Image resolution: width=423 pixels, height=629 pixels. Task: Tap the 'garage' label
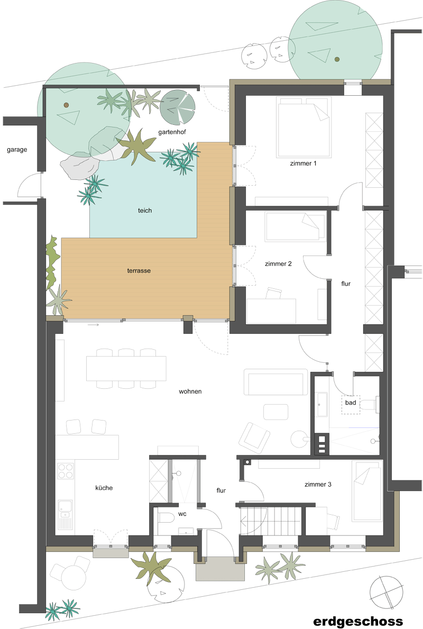(x=17, y=150)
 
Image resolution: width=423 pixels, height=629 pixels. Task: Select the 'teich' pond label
(x=145, y=210)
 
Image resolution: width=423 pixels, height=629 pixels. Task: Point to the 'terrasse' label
(x=139, y=271)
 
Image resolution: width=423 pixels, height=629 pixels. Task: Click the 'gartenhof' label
(x=172, y=132)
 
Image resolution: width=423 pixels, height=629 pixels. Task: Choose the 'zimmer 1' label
(x=303, y=163)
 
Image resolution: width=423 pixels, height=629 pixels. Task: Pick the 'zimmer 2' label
(x=278, y=263)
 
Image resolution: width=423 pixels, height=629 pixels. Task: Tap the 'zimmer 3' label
(x=318, y=484)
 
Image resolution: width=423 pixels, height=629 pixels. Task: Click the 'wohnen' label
(x=190, y=391)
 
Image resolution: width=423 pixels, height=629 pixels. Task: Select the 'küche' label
(x=104, y=488)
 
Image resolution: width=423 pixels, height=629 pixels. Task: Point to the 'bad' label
(x=351, y=403)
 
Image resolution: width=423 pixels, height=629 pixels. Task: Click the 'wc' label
(x=182, y=514)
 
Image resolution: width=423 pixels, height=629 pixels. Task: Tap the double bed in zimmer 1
(x=304, y=127)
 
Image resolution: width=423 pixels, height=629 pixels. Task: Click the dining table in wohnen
(x=126, y=368)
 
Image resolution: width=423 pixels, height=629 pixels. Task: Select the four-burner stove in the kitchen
(x=66, y=471)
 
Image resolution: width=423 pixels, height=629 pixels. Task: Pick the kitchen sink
(x=66, y=511)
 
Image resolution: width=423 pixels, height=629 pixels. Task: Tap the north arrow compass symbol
(x=387, y=592)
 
